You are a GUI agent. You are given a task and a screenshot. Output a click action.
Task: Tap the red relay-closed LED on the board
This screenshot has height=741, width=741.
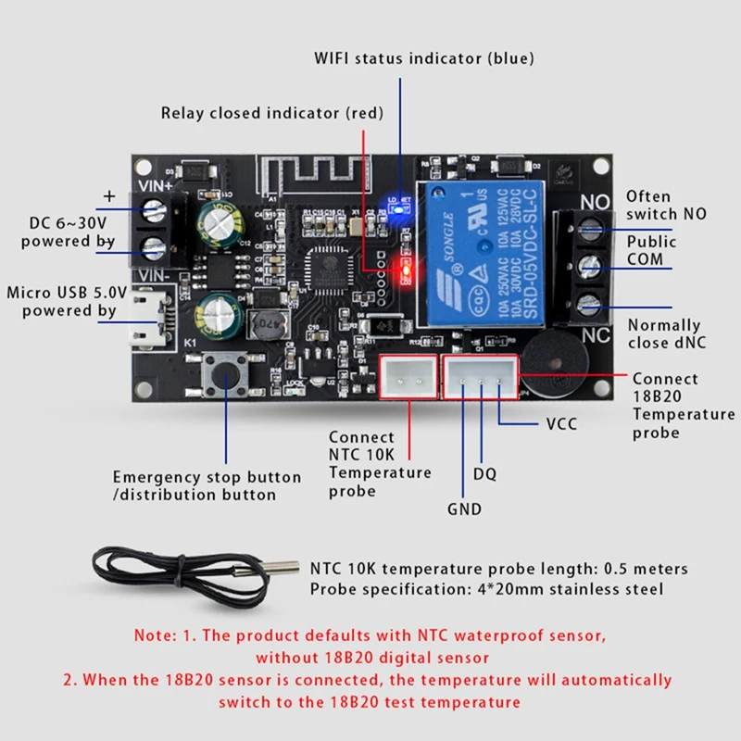[x=404, y=270]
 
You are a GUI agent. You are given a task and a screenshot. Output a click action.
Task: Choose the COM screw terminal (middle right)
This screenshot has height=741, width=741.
[x=585, y=267]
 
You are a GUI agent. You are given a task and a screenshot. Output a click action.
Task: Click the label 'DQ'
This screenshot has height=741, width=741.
[x=484, y=473]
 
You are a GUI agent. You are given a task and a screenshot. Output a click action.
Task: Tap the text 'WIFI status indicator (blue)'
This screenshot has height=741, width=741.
[x=423, y=58]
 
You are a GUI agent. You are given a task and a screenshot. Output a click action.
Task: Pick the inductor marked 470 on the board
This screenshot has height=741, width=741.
[x=263, y=324]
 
